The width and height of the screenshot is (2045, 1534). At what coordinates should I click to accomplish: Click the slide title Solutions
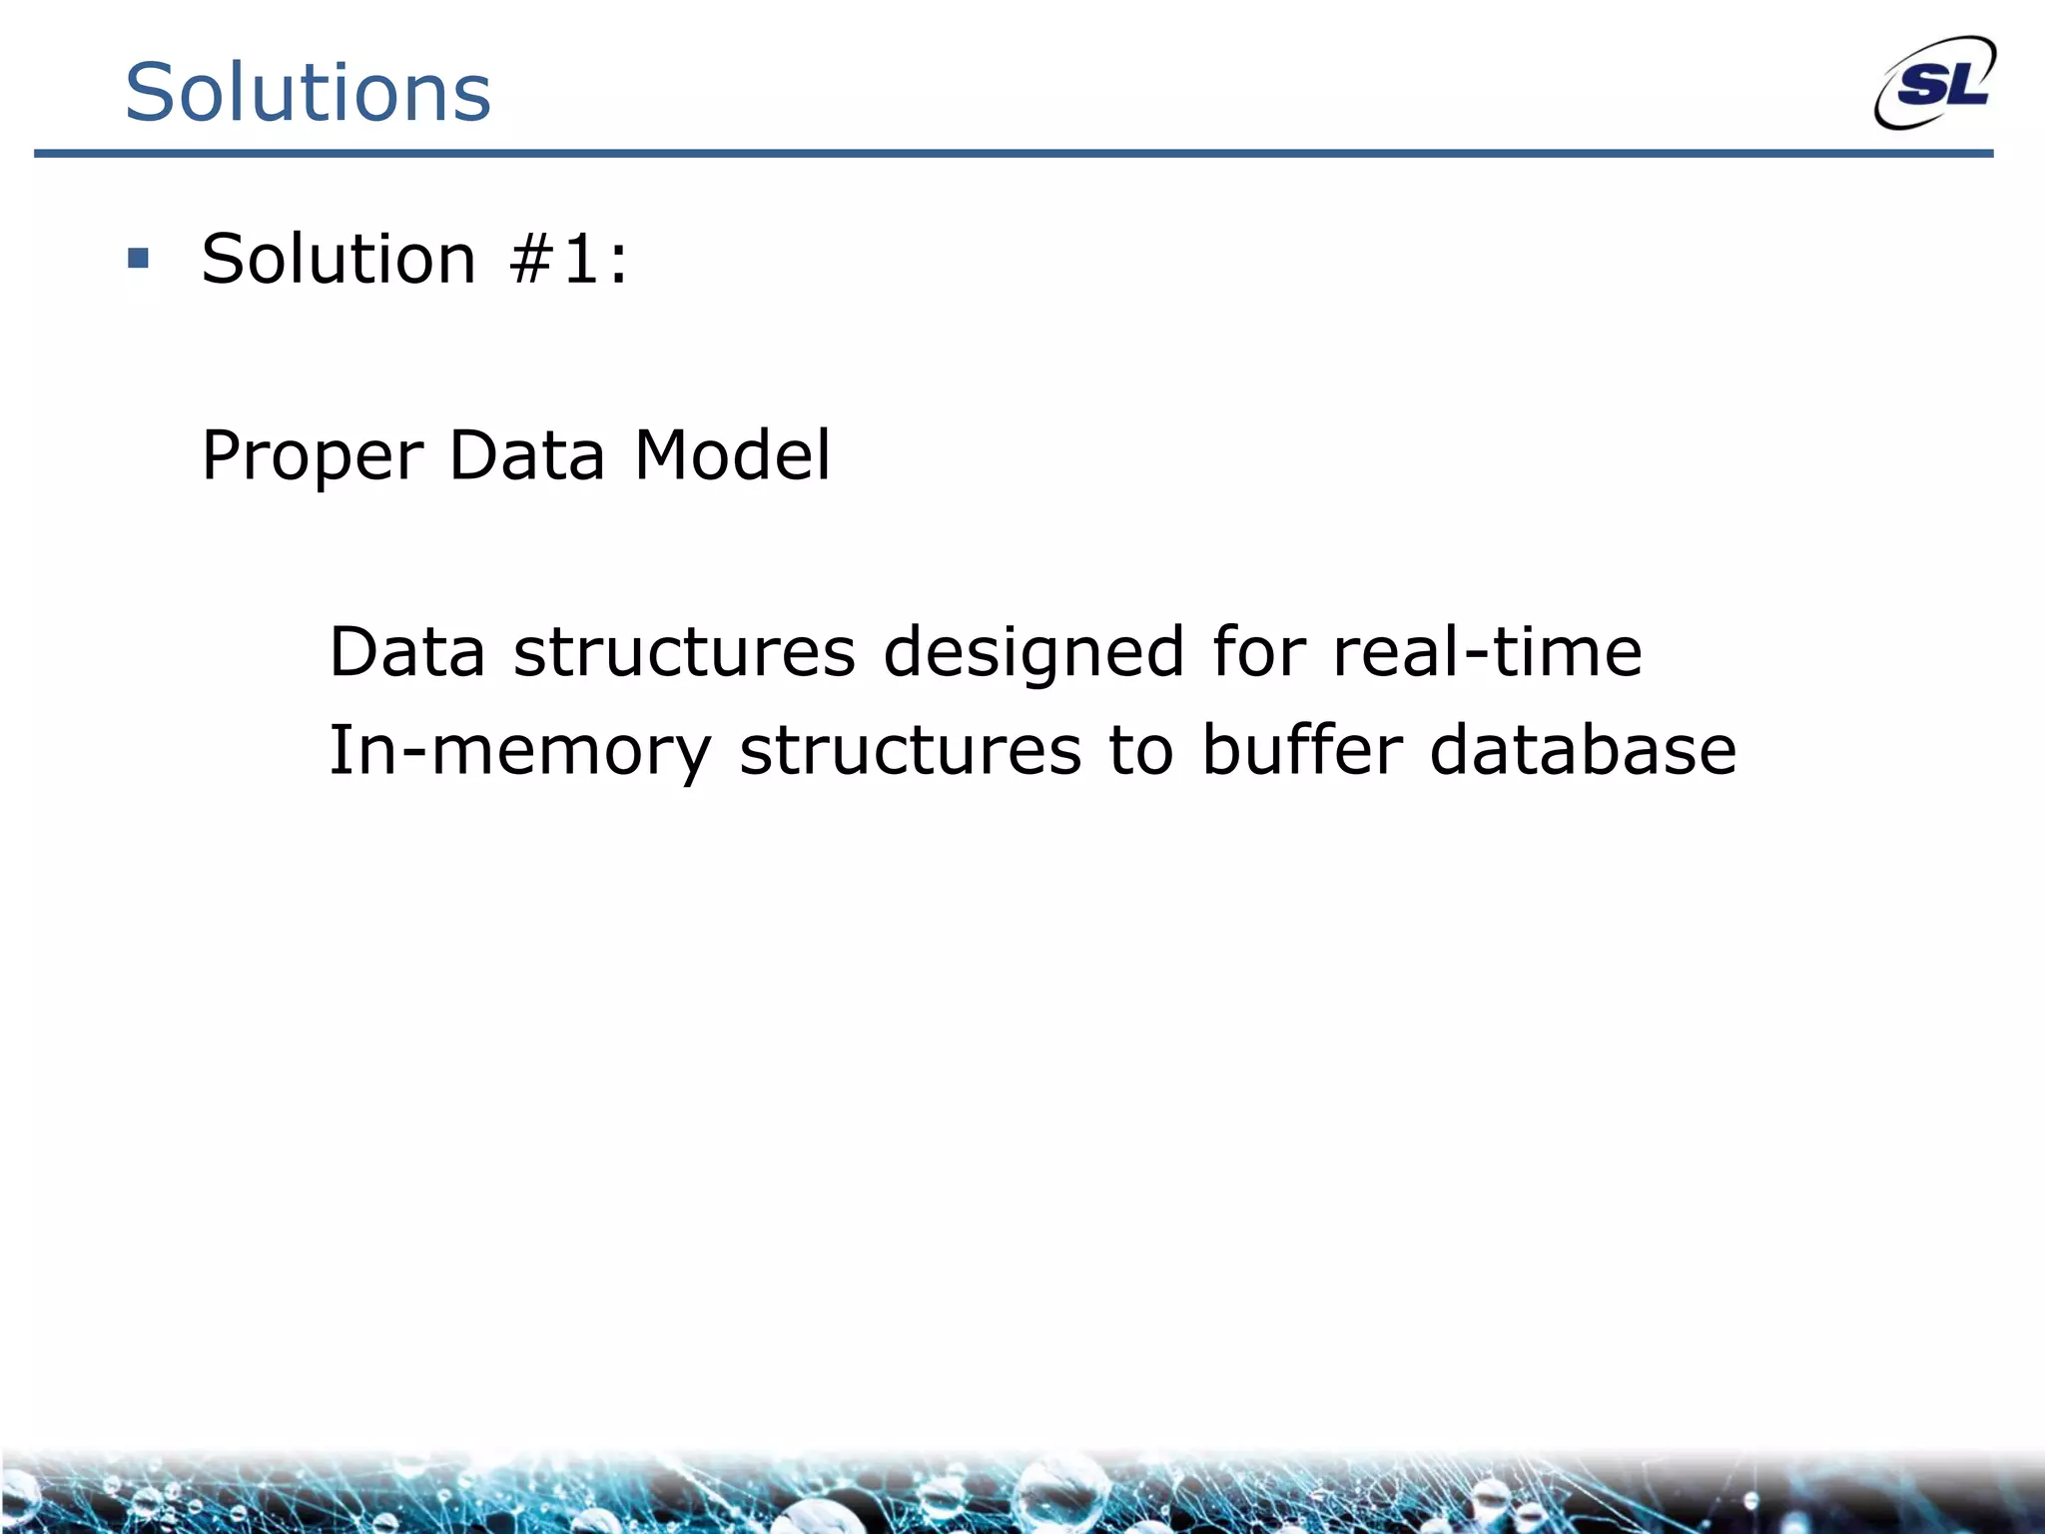click(x=308, y=92)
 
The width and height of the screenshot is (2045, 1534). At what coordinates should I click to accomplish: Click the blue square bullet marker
click(x=139, y=260)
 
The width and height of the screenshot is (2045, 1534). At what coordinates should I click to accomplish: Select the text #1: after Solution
click(x=568, y=259)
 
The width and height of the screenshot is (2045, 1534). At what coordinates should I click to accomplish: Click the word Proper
click(x=313, y=456)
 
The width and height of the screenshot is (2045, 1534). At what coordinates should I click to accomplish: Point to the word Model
click(x=732, y=454)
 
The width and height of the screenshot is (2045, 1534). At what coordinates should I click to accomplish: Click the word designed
click(x=1034, y=653)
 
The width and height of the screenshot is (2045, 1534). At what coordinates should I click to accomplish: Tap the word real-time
click(x=1487, y=651)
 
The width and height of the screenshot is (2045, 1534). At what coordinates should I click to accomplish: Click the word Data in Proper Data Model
click(x=526, y=454)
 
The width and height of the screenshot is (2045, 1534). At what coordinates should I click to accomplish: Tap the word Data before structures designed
click(x=406, y=651)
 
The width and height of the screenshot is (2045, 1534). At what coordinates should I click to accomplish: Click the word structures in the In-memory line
click(x=910, y=751)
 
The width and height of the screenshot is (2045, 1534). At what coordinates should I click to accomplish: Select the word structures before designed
click(x=684, y=651)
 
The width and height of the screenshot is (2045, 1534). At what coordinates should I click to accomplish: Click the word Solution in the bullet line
click(x=339, y=259)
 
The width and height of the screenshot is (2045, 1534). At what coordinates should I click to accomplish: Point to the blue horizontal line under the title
click(x=1013, y=154)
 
